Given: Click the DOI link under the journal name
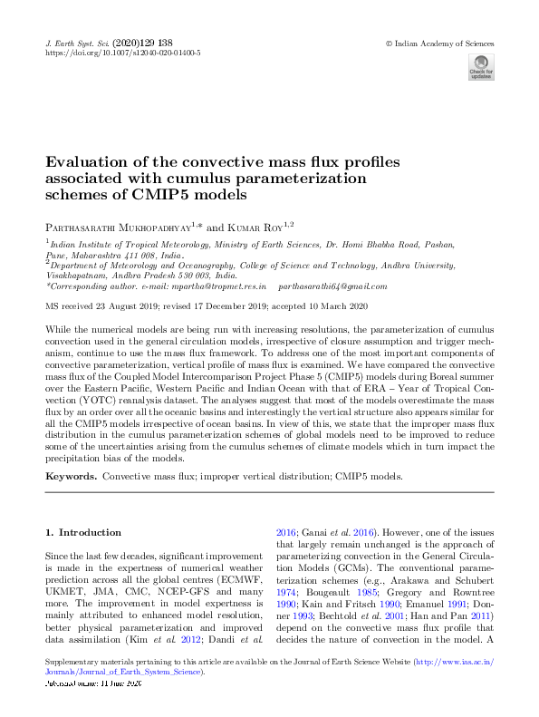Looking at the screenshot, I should pos(123,53).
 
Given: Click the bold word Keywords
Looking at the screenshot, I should pos(72,476).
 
